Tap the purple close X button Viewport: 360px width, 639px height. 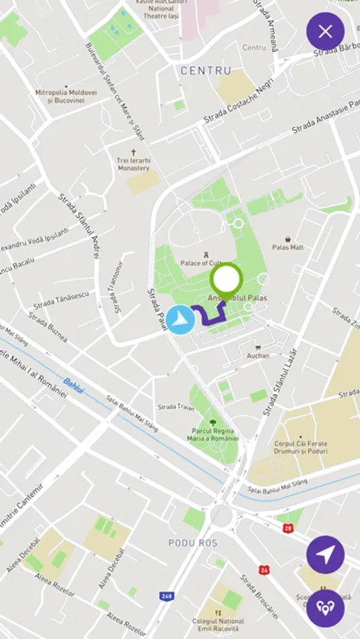pos(325,31)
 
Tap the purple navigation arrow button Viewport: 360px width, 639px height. pos(325,555)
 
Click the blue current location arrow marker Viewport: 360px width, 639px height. pos(181,319)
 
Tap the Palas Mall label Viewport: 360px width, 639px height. pos(288,247)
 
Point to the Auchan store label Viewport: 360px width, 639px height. pos(258,355)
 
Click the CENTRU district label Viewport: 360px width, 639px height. pos(206,71)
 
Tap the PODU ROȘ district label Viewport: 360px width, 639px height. pos(192,543)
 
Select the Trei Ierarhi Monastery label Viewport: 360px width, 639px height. pos(133,164)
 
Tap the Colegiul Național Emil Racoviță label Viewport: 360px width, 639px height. pos(218,625)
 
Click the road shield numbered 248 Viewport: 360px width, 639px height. pos(167,596)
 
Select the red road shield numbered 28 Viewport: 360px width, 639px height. pos(288,528)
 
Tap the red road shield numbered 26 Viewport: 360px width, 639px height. pos(264,569)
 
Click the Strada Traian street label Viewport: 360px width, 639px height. pos(175,407)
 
